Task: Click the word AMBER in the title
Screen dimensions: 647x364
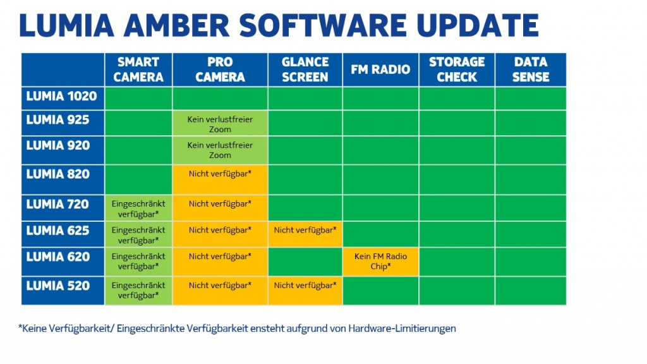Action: pyautogui.click(x=176, y=25)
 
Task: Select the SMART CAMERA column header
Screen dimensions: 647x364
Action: pyautogui.click(x=138, y=70)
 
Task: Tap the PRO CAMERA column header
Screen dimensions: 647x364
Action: pyautogui.click(x=220, y=70)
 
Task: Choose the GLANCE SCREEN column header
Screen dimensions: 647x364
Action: pyautogui.click(x=305, y=70)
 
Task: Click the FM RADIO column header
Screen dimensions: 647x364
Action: pyautogui.click(x=380, y=70)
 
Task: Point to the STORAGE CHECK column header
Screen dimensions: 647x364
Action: pyautogui.click(x=457, y=70)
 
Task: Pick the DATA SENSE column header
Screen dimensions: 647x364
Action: pyautogui.click(x=531, y=70)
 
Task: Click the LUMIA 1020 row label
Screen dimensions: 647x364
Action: pyautogui.click(x=63, y=98)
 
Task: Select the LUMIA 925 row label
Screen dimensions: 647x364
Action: pyautogui.click(x=63, y=123)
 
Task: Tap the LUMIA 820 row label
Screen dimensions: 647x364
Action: pyautogui.click(x=63, y=179)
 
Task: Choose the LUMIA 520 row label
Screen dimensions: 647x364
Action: pyautogui.click(x=63, y=291)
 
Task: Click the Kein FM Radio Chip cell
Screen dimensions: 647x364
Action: pyautogui.click(x=380, y=262)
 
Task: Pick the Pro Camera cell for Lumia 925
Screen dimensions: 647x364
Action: pyautogui.click(x=220, y=123)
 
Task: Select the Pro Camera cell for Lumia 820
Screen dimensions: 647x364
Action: pyautogui.click(x=220, y=179)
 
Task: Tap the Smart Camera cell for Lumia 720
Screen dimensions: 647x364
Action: pyautogui.click(x=138, y=208)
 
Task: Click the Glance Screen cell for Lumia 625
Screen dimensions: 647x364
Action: pyautogui.click(x=305, y=234)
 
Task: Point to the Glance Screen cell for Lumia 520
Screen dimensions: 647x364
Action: pyautogui.click(x=305, y=291)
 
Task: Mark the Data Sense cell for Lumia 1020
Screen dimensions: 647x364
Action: pyautogui.click(x=531, y=98)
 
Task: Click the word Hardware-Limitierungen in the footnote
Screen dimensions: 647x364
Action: pyautogui.click(x=402, y=329)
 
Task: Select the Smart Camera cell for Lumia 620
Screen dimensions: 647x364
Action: pyautogui.click(x=138, y=262)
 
